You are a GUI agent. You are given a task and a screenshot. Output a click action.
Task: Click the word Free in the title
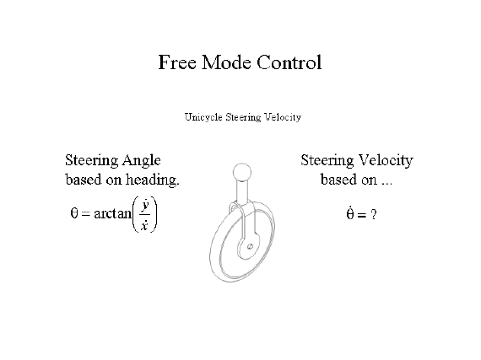(x=177, y=62)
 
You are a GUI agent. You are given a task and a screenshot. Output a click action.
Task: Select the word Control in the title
(x=289, y=62)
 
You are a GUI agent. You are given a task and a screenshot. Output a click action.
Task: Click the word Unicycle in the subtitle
(x=203, y=117)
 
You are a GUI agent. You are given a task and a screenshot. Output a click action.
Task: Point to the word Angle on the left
(x=142, y=161)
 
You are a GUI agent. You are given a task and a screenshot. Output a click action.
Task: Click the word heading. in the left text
(x=153, y=180)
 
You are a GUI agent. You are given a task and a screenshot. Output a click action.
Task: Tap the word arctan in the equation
(x=112, y=213)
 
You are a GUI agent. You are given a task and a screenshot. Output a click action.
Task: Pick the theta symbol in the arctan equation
(x=74, y=213)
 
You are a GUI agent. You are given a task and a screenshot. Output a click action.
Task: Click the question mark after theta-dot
(x=373, y=214)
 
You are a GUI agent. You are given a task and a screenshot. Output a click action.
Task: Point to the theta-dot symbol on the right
(x=350, y=213)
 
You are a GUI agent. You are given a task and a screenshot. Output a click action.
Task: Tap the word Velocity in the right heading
(x=386, y=161)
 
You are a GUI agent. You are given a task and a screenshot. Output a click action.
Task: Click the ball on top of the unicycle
(x=242, y=173)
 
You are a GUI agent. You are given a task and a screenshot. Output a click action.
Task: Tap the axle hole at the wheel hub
(x=250, y=246)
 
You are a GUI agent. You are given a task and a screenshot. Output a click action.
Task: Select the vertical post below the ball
(x=242, y=191)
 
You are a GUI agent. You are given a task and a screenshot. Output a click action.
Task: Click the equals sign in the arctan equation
(x=86, y=213)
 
